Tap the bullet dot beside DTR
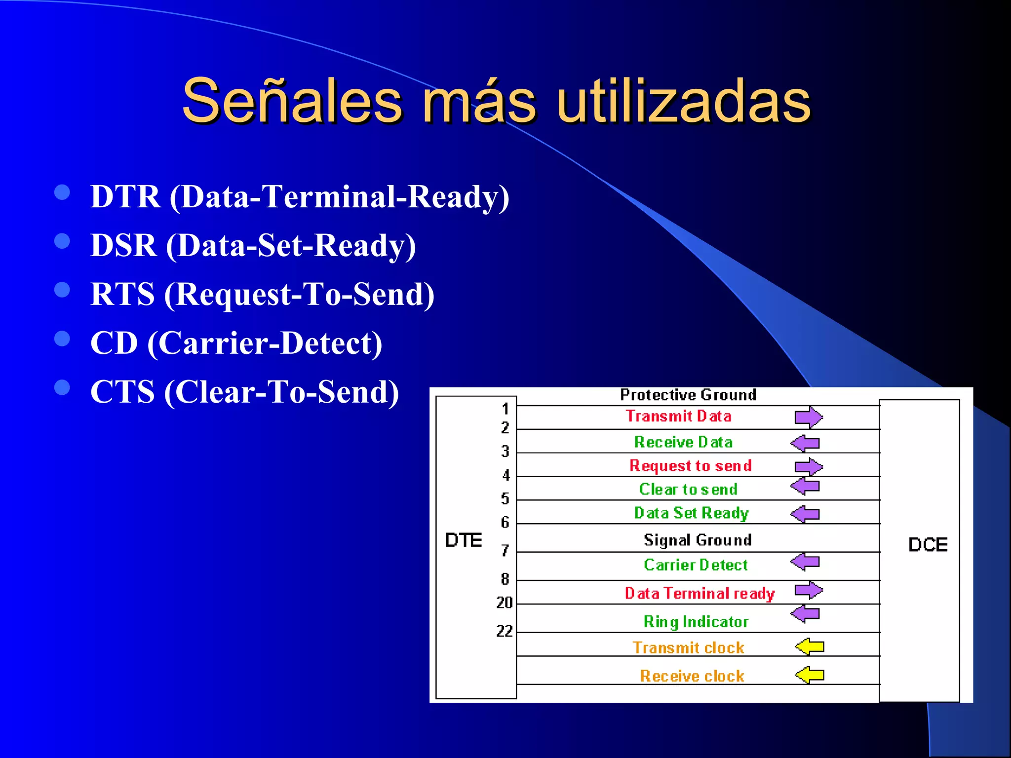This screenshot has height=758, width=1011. point(62,192)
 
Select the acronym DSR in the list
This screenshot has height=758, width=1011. point(123,245)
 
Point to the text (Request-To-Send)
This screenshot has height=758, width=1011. point(299,295)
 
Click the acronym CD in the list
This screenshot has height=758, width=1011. point(114,343)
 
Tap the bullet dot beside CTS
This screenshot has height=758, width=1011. point(62,387)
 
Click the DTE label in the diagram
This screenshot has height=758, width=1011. point(463,540)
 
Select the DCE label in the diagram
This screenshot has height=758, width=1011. point(928,545)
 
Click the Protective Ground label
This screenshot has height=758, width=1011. point(688,395)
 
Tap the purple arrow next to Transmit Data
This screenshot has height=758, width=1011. point(809,417)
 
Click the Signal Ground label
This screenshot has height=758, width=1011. point(698,540)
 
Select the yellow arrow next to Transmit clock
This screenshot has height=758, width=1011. point(810,646)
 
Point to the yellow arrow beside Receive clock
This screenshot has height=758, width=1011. point(810,675)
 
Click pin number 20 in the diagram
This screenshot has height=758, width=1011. point(505,603)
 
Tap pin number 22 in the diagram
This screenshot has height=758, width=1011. point(505,631)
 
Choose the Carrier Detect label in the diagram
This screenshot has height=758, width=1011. point(696,565)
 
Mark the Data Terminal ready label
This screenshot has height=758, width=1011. point(700,593)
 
